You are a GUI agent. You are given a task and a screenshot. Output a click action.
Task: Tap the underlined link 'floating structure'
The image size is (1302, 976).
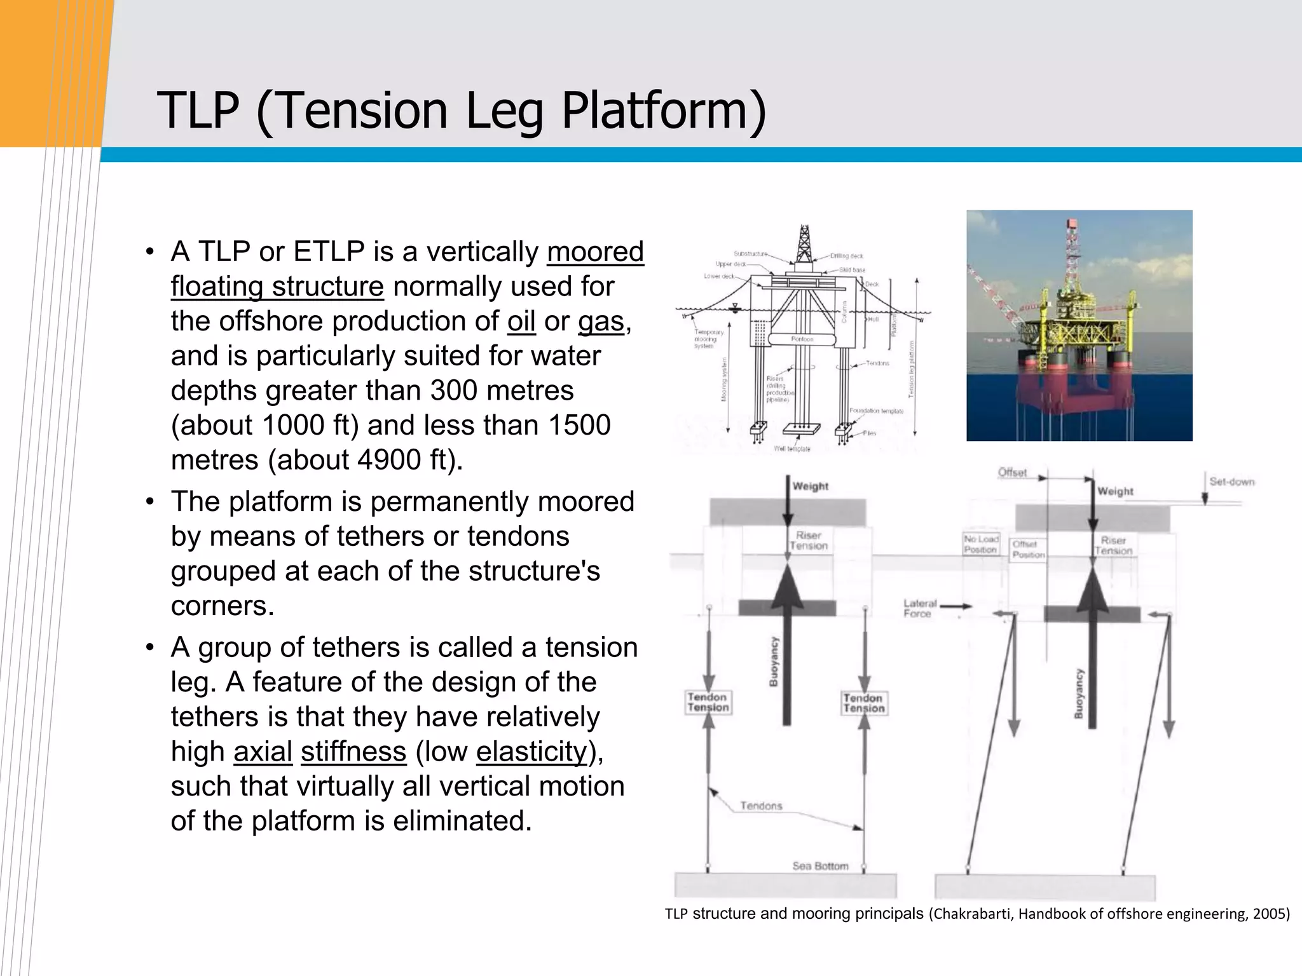pyautogui.click(x=277, y=287)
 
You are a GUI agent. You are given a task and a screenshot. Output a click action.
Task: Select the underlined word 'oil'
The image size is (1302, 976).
pyautogui.click(x=521, y=322)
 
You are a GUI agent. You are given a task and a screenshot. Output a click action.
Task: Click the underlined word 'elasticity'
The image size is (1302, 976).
pyautogui.click(x=531, y=752)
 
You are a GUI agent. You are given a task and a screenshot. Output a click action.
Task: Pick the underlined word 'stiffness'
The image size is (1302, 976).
pyautogui.click(x=353, y=752)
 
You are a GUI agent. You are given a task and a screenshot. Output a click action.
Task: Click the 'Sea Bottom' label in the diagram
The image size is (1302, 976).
pyautogui.click(x=820, y=866)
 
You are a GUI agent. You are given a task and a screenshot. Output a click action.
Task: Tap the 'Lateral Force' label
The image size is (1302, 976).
pyautogui.click(x=919, y=608)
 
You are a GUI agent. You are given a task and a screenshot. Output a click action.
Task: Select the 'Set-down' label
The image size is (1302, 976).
pyautogui.click(x=1231, y=482)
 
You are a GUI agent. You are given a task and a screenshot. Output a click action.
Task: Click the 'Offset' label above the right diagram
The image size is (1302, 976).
pyautogui.click(x=1012, y=472)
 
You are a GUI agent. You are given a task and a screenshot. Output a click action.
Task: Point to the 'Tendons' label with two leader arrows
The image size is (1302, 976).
pyautogui.click(x=761, y=806)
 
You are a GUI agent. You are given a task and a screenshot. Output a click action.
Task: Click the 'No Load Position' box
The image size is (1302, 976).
pyautogui.click(x=980, y=544)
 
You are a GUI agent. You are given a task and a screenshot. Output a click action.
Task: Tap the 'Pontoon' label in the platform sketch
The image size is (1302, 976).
pyautogui.click(x=802, y=339)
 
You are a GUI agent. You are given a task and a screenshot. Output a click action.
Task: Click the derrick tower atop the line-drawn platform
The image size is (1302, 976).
pyautogui.click(x=804, y=245)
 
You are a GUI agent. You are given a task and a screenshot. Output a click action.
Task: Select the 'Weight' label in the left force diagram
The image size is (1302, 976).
pyautogui.click(x=810, y=486)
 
